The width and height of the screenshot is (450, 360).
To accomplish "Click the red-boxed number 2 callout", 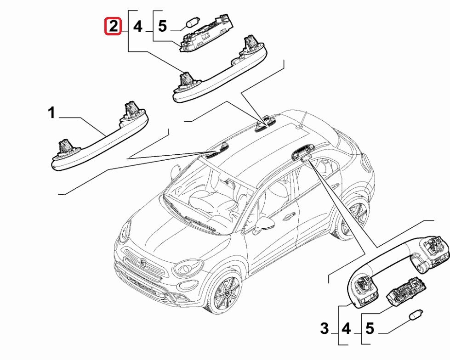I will (113, 27).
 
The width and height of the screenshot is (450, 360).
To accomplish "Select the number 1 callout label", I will (52, 112).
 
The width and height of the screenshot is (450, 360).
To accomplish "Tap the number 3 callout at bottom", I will (325, 329).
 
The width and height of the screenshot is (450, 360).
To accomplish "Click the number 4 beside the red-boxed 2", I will (138, 27).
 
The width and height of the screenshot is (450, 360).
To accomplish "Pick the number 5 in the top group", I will (162, 27).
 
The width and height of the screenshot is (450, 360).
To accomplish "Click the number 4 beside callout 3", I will (346, 329).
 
